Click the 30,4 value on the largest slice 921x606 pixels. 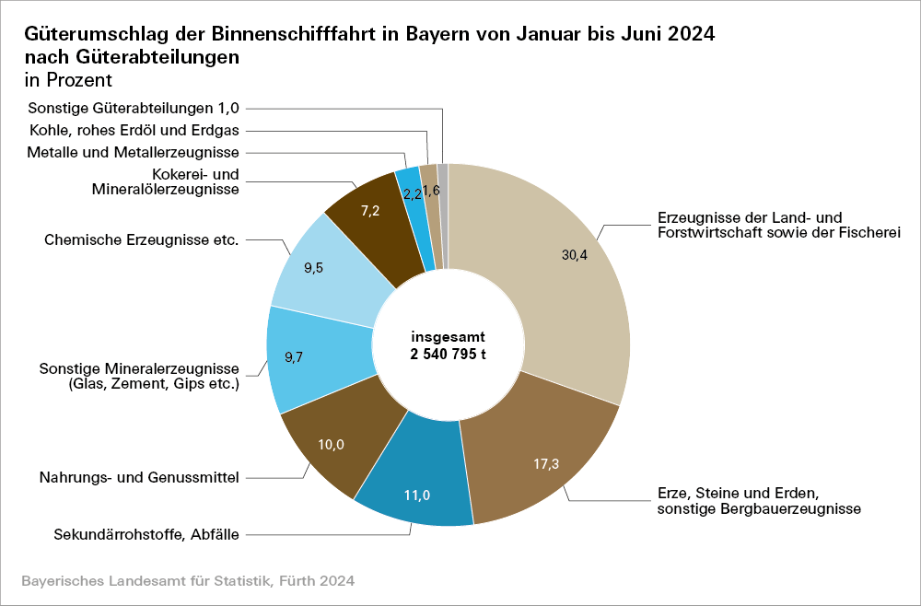click(575, 256)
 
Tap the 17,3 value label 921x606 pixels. click(546, 463)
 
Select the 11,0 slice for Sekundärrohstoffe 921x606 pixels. click(416, 496)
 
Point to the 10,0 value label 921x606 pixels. click(331, 445)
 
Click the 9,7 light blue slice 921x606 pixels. click(295, 358)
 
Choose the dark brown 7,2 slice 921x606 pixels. click(370, 211)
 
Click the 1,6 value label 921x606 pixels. click(431, 191)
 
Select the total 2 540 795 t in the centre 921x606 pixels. click(448, 354)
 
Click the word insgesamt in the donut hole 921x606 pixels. click(448, 337)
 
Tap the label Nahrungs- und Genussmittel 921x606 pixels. click(139, 478)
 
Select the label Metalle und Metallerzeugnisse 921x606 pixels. click(134, 152)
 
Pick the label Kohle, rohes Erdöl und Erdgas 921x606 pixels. click(134, 130)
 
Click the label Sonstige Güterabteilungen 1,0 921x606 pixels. click(134, 108)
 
